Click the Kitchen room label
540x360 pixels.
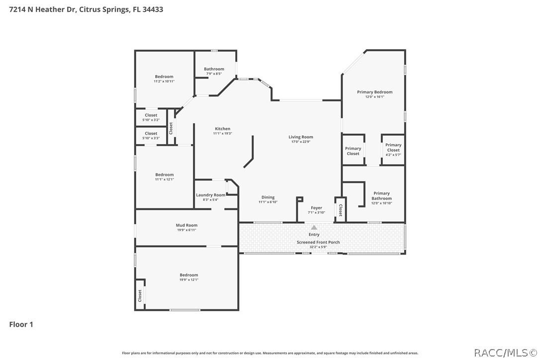pyautogui.click(x=222, y=129)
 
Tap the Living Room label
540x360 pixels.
pyautogui.click(x=301, y=137)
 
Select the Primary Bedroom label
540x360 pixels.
pyautogui.click(x=375, y=92)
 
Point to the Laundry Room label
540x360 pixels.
pyautogui.click(x=210, y=195)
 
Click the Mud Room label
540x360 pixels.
pyautogui.click(x=186, y=225)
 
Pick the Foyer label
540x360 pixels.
pyautogui.click(x=317, y=208)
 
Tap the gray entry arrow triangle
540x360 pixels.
pyautogui.click(x=314, y=227)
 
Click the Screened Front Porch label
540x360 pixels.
pyautogui.click(x=318, y=242)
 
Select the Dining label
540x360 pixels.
pyautogui.click(x=268, y=197)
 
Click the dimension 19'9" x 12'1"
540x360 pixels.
pyautogui.click(x=189, y=280)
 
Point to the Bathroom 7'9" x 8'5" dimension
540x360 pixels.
pyautogui.click(x=214, y=74)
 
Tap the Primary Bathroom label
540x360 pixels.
pyautogui.click(x=381, y=196)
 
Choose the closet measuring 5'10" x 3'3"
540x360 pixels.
pyautogui.click(x=151, y=136)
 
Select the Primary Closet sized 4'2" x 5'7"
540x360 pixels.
pyautogui.click(x=393, y=150)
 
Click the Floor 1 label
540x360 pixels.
pyautogui.click(x=21, y=325)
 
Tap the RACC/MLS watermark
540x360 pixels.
pyautogui.click(x=506, y=353)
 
